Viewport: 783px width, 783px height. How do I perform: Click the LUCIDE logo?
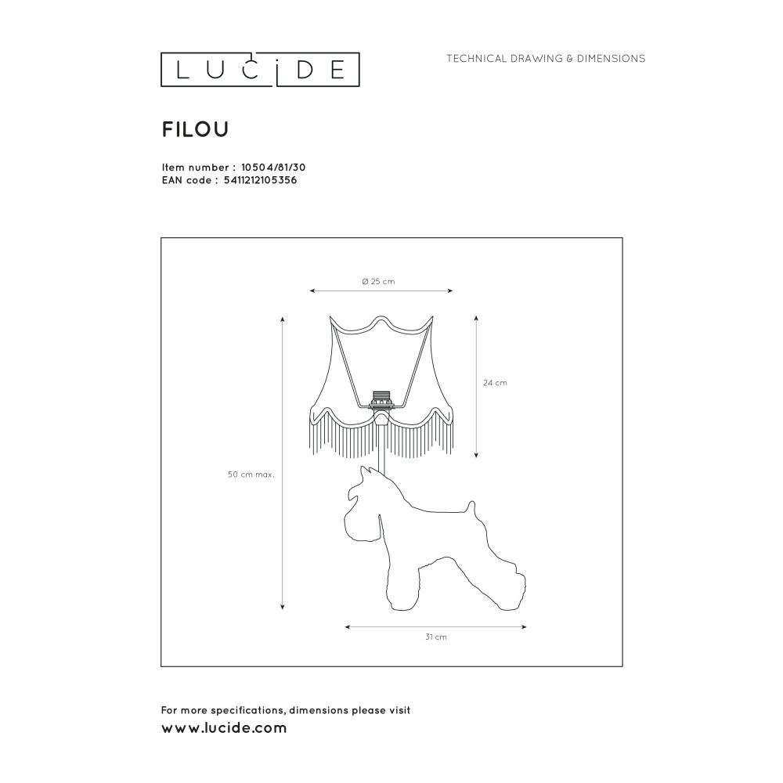260,70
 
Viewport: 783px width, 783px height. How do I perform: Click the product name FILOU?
195,130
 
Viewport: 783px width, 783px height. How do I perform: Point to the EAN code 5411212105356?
260,180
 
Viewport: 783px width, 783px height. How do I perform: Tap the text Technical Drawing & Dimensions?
546,59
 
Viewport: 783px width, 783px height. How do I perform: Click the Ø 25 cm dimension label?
378,282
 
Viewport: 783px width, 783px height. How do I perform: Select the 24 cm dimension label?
495,383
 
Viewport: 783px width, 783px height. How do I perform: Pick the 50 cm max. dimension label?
251,475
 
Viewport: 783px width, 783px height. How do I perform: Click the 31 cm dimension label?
436,637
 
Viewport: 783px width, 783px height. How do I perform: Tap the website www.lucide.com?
224,728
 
